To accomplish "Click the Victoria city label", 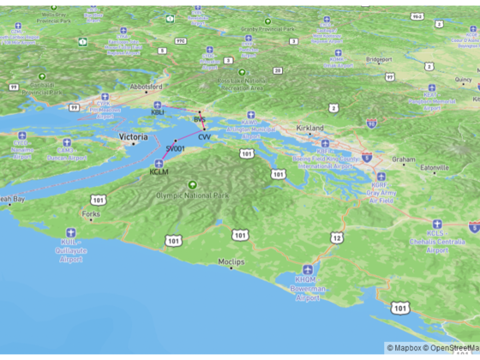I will click(134, 137).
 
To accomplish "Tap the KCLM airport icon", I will click(159, 163).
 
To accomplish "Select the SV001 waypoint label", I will click(175, 148).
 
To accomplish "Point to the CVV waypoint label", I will click(204, 137).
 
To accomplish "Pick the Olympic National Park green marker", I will click(192, 184).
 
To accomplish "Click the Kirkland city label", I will click(309, 128).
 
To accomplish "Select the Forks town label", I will click(90, 213).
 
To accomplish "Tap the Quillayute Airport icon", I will click(70, 231).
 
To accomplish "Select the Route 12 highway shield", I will click(337, 237).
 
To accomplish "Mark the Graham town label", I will click(403, 159).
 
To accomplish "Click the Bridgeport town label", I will click(379, 59).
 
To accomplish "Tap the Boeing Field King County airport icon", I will click(325, 144).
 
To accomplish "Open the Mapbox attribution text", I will click(408, 347).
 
